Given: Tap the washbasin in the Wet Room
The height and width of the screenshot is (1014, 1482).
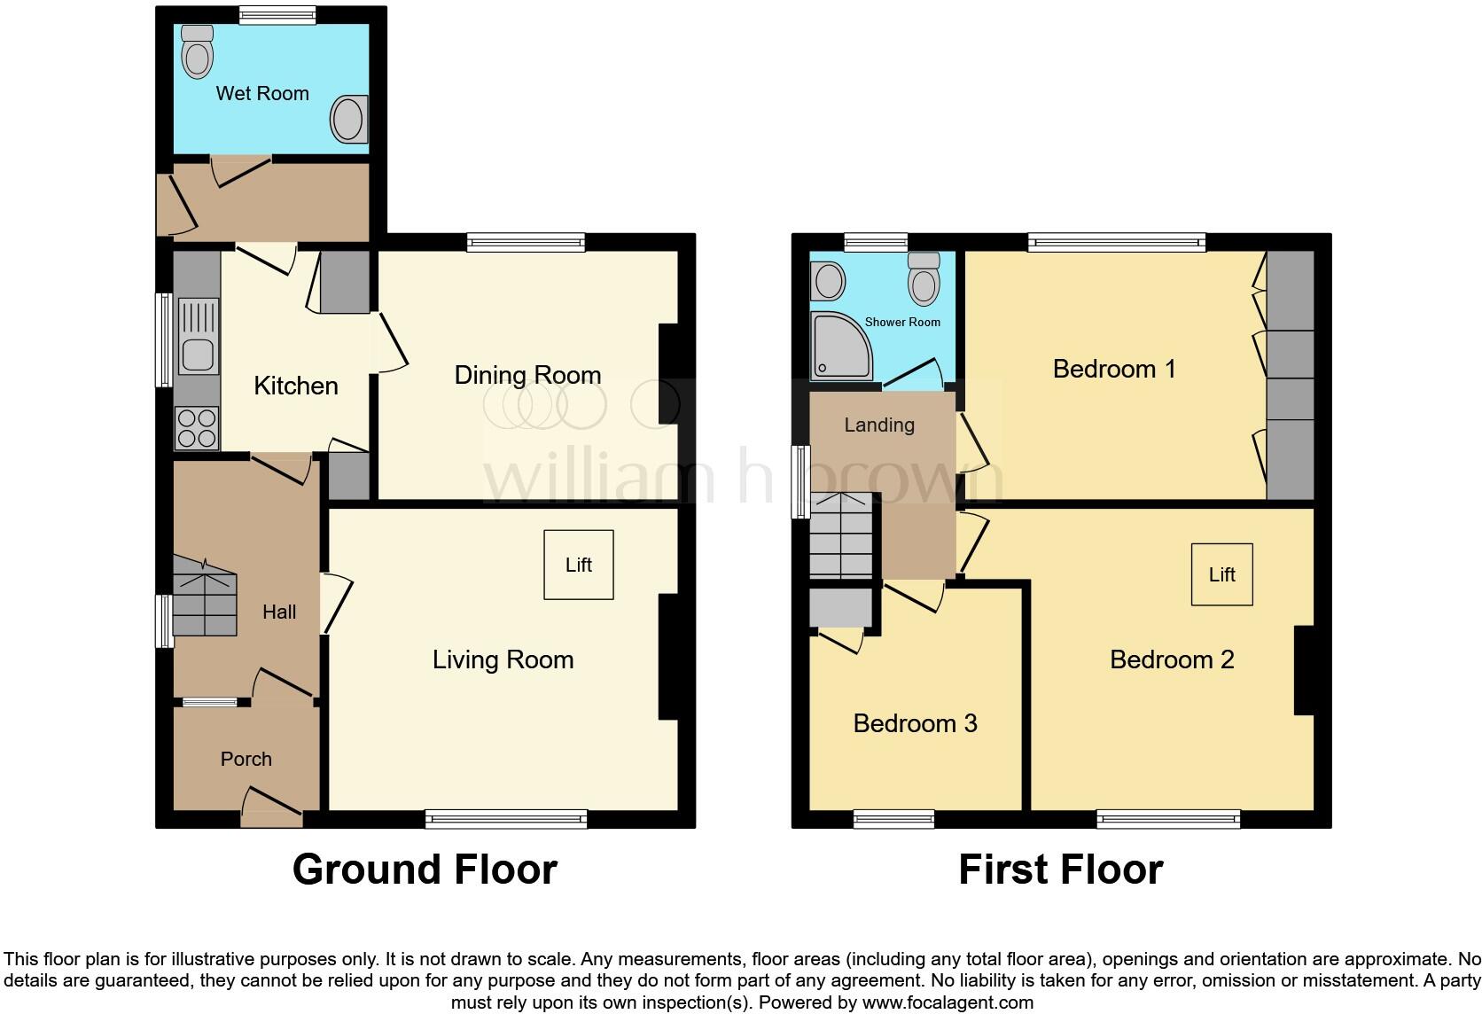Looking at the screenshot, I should point(349,119).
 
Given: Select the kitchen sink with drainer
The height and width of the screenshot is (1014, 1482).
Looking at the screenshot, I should point(197,336).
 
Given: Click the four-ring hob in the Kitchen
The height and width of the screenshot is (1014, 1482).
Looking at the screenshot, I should point(197,427).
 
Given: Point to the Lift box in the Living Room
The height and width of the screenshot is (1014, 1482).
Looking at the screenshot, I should point(579,565).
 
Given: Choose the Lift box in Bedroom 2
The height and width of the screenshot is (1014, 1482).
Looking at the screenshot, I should point(1221,574).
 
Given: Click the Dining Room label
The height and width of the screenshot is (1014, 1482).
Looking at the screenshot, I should point(527,375).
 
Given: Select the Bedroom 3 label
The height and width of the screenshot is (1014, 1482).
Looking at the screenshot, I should point(915,723).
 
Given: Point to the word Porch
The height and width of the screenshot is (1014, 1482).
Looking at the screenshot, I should point(246,759).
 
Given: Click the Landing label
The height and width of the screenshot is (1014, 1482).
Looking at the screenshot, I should point(878,425).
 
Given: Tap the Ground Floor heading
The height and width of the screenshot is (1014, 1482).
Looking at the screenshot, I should point(425,870).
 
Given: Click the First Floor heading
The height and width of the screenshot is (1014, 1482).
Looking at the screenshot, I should point(1060,870).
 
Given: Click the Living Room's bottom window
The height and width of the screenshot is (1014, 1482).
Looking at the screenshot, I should point(506,819).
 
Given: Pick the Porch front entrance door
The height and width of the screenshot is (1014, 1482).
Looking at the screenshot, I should point(271,807).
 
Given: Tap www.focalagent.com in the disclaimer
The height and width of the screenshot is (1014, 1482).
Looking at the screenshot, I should point(948,1002).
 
